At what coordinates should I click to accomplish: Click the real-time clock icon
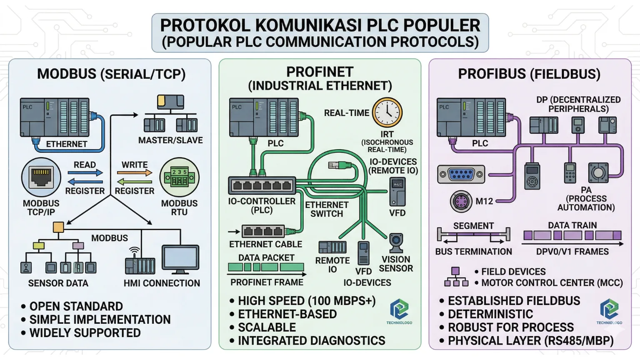pos(387,112)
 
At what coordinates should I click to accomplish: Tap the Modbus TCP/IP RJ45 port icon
pos(41,177)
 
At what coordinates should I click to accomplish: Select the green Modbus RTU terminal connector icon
pos(179,177)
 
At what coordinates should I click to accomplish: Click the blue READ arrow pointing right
pos(85,172)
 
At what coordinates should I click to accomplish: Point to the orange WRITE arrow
pos(135,172)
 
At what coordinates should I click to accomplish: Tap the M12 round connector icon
pos(461,202)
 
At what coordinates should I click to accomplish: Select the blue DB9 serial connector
pos(461,174)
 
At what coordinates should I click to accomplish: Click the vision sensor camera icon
pos(396,243)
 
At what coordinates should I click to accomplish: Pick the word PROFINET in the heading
pos(320,72)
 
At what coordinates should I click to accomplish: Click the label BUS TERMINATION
pos(473,252)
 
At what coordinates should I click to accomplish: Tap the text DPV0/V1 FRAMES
pos(572,252)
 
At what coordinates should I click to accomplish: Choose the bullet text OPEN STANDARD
pos(76,306)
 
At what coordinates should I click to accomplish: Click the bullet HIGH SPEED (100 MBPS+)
pos(307,301)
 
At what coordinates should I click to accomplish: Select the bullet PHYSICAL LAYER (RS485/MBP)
pos(530,341)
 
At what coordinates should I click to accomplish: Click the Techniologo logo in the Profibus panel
pos(609,310)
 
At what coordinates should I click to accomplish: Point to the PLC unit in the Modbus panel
pos(55,117)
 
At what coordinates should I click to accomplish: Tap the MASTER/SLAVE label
pos(170,140)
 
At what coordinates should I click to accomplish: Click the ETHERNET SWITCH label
pos(327,209)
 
